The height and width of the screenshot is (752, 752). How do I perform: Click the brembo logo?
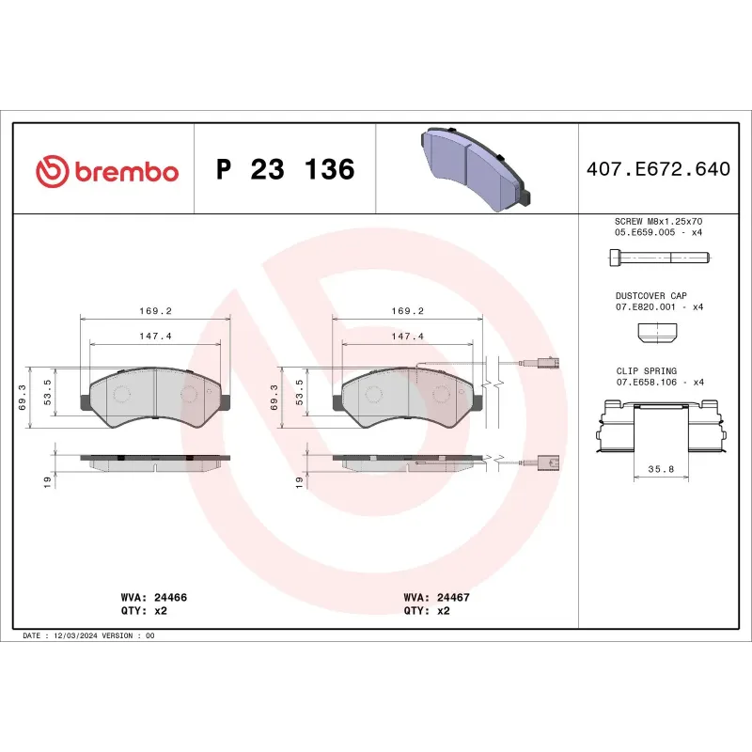106,171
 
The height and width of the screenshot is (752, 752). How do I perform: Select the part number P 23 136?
286,170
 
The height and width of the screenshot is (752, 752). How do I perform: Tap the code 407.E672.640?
657,170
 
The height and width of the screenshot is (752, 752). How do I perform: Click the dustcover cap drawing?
657,331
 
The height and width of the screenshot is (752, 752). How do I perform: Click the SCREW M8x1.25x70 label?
659,220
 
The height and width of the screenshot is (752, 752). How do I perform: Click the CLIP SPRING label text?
647,371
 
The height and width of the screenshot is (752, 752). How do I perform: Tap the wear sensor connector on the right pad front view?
549,365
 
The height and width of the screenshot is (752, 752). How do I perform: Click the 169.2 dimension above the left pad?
155,310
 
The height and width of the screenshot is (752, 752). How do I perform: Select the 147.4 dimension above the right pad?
408,336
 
